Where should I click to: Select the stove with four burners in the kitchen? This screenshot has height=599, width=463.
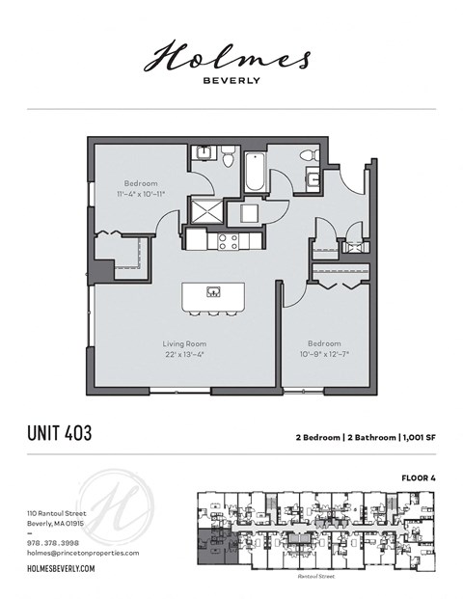[x=229, y=240]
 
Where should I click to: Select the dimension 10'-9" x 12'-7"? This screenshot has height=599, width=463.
[x=324, y=353]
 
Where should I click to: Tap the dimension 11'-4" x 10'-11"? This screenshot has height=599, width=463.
[x=140, y=193]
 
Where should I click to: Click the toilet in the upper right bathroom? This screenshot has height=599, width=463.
[x=308, y=154]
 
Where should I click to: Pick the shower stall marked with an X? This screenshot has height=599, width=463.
[x=205, y=211]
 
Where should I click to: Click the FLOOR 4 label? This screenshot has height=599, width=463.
[x=420, y=477]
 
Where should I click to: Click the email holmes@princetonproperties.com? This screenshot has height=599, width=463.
[x=83, y=553]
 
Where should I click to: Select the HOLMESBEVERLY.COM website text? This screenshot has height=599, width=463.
[x=60, y=570]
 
